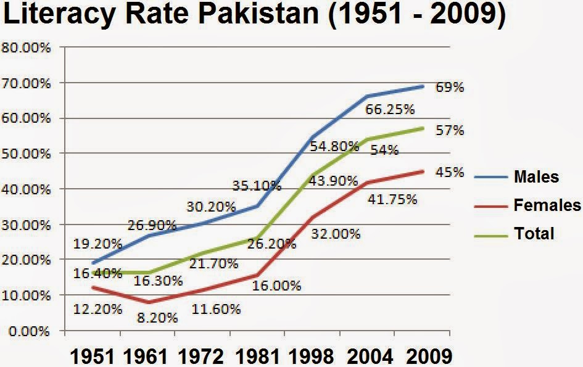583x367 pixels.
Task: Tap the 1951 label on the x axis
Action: pyautogui.click(x=92, y=356)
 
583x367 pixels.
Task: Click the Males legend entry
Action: pyautogui.click(x=535, y=177)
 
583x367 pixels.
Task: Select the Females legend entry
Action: pyautogui.click(x=547, y=205)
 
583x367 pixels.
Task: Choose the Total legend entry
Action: pyautogui.click(x=534, y=233)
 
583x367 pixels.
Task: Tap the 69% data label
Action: pyautogui.click(x=449, y=87)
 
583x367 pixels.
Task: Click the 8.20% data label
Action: pyautogui.click(x=158, y=318)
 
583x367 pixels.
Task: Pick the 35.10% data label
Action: pyautogui.click(x=257, y=185)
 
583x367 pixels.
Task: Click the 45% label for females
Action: pyautogui.click(x=449, y=173)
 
